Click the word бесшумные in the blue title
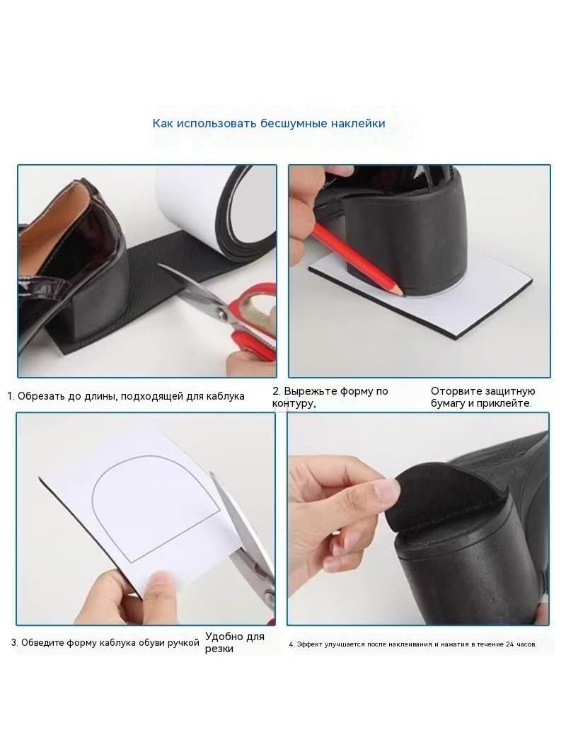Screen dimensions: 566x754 click(x=287, y=124)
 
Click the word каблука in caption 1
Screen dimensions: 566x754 click(x=225, y=397)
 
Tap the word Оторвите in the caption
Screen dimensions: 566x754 click(x=456, y=391)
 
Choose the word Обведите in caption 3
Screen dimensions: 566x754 click(x=42, y=643)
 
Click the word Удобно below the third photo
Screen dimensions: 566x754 click(x=224, y=637)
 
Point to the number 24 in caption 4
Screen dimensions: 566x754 click(x=509, y=644)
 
